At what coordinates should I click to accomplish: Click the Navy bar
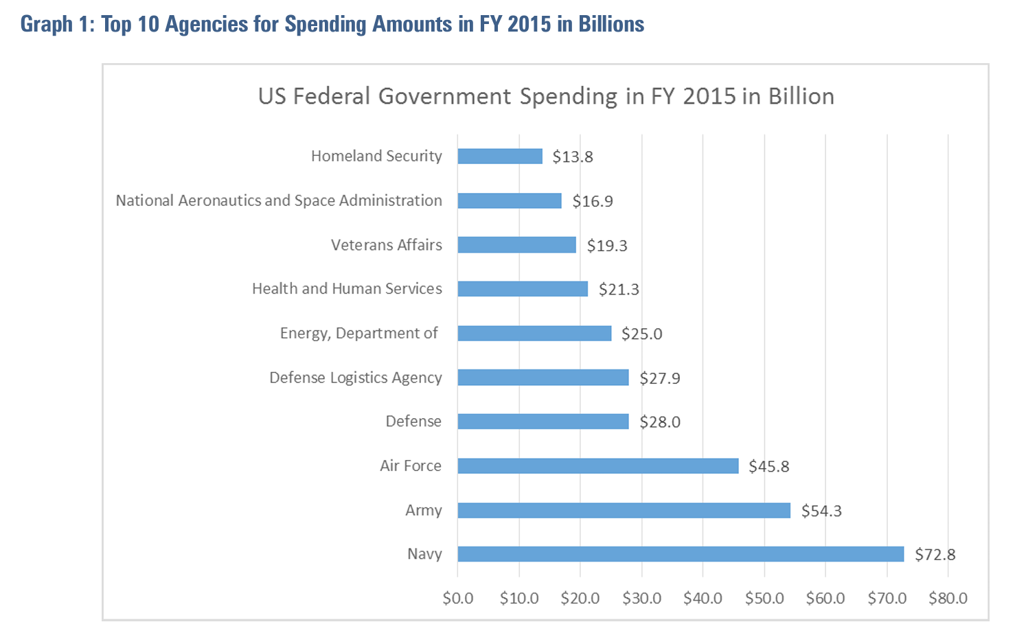click(x=681, y=554)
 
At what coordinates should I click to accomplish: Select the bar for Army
click(x=624, y=510)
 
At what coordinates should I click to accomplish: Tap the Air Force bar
click(x=597, y=466)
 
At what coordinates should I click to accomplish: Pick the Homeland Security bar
click(x=500, y=157)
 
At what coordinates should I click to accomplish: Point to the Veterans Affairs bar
click(x=516, y=245)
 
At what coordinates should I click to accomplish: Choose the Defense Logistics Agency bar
click(x=543, y=378)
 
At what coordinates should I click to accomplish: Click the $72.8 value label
click(x=935, y=555)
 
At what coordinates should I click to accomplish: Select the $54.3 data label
click(x=821, y=511)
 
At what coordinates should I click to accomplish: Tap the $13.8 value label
click(x=573, y=157)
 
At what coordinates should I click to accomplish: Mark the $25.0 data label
click(x=641, y=334)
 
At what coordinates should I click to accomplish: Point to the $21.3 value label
click(x=619, y=290)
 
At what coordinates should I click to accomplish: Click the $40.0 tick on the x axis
click(x=703, y=599)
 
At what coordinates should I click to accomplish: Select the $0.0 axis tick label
click(x=458, y=599)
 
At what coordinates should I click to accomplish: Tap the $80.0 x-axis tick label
click(x=948, y=599)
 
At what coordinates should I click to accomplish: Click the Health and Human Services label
click(x=347, y=289)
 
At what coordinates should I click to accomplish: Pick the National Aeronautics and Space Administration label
click(x=279, y=200)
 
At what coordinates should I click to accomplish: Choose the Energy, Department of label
click(x=358, y=334)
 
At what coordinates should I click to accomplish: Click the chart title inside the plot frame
click(x=546, y=96)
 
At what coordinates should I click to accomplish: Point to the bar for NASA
click(x=510, y=201)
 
